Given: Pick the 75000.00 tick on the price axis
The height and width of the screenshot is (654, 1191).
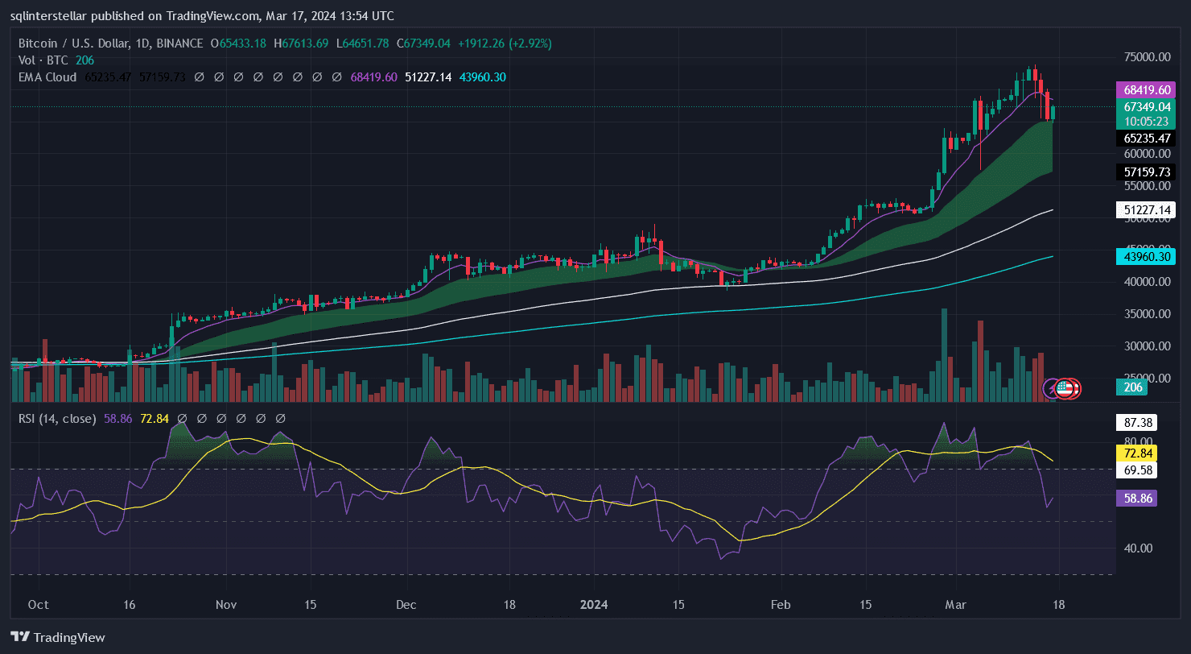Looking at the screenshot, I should click(x=1147, y=57).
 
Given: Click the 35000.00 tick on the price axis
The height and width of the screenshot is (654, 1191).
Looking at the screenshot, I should click(x=1147, y=314).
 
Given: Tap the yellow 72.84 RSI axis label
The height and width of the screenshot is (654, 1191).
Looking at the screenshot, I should click(x=1139, y=453).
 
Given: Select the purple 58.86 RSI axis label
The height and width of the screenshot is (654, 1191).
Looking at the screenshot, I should click(x=1139, y=499).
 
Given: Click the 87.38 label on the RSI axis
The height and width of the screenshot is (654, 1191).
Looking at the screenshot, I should click(x=1139, y=422).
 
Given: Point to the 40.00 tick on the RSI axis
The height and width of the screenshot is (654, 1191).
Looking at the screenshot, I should click(x=1138, y=548).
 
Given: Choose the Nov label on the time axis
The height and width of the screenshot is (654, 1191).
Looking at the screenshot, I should click(x=226, y=604).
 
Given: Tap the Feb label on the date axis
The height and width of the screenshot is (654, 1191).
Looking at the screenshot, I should click(x=779, y=604).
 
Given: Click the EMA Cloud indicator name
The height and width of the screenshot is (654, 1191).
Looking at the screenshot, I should click(x=47, y=77).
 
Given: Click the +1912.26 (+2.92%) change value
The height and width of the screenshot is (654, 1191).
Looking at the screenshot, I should click(x=504, y=43).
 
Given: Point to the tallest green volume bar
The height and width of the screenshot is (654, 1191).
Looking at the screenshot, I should click(x=944, y=354).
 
